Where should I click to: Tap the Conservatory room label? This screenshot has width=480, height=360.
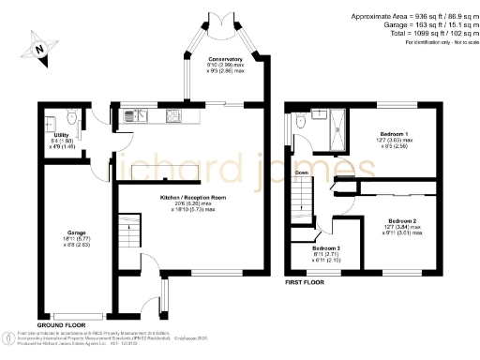pos(225,59)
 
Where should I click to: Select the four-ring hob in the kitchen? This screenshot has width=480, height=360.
pos(174,117)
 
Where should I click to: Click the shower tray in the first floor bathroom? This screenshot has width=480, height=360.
pos(334,129)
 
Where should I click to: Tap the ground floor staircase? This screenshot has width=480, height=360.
pos(127,231)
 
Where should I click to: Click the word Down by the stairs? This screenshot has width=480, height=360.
pos(302,173)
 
